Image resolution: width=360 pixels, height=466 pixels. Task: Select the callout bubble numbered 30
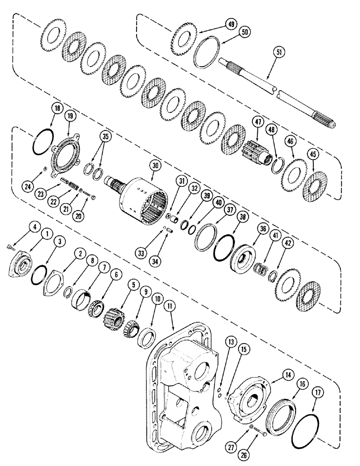click(154, 165)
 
